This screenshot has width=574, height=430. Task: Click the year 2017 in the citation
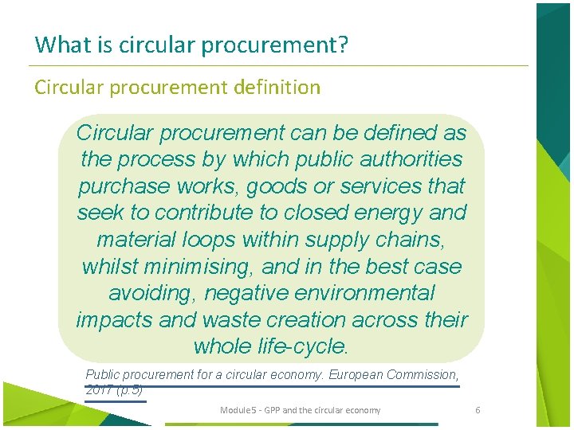[98, 390]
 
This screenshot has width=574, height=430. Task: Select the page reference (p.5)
[129, 390]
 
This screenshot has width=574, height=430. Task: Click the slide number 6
[478, 410]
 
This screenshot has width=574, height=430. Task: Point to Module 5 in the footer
[237, 410]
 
